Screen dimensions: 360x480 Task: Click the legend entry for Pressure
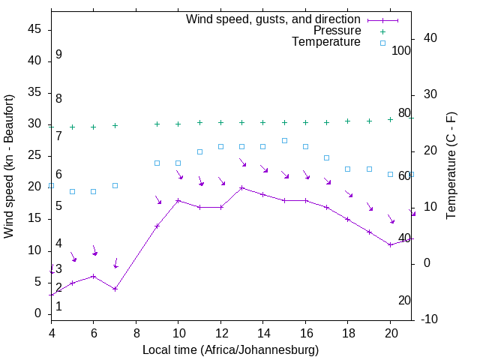337,31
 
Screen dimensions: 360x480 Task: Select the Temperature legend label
326,42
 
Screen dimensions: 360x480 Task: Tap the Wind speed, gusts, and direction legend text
274,19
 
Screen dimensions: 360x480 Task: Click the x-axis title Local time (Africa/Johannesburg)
230,350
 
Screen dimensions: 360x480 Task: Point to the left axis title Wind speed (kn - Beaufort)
9,166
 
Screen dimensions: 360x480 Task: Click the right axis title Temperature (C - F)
451,166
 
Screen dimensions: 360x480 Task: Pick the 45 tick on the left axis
34,29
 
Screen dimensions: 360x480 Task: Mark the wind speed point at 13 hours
241,188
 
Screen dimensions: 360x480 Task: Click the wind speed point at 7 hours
115,289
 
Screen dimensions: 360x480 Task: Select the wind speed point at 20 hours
390,244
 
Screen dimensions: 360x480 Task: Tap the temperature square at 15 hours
284,140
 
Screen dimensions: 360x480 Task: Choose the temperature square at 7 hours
115,185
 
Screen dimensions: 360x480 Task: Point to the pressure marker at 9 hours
157,124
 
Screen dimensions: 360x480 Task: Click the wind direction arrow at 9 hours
157,199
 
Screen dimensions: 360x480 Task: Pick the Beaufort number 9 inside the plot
58,55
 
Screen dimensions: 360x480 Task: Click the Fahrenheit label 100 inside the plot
401,51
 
